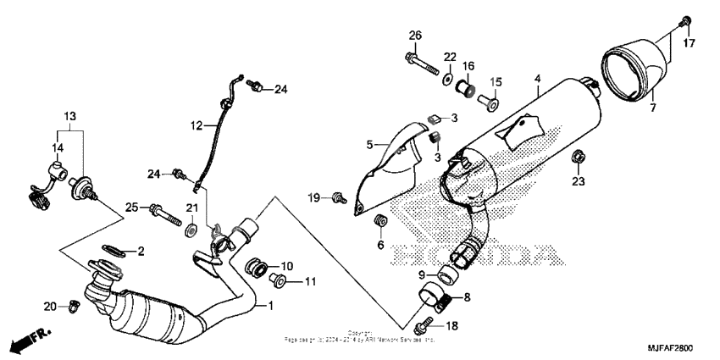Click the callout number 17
[x=690, y=43]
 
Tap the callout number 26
[x=415, y=35]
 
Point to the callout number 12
[x=197, y=125]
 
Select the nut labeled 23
[x=579, y=156]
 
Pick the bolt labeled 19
[x=338, y=197]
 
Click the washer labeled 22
[x=445, y=80]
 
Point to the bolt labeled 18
[x=424, y=325]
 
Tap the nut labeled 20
[x=73, y=307]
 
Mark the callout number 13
[x=69, y=115]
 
